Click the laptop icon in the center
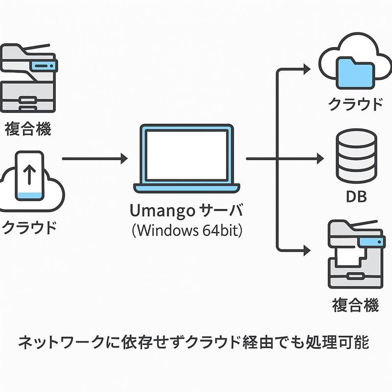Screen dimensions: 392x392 click(187, 158)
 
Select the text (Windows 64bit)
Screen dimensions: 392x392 click(187, 230)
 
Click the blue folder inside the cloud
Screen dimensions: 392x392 click(355, 72)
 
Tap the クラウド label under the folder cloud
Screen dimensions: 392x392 click(355, 104)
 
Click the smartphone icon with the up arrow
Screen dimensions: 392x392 click(29, 176)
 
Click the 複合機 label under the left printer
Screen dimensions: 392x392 click(28, 129)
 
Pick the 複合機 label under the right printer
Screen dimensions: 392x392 click(356, 306)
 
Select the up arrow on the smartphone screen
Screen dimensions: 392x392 click(29, 174)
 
